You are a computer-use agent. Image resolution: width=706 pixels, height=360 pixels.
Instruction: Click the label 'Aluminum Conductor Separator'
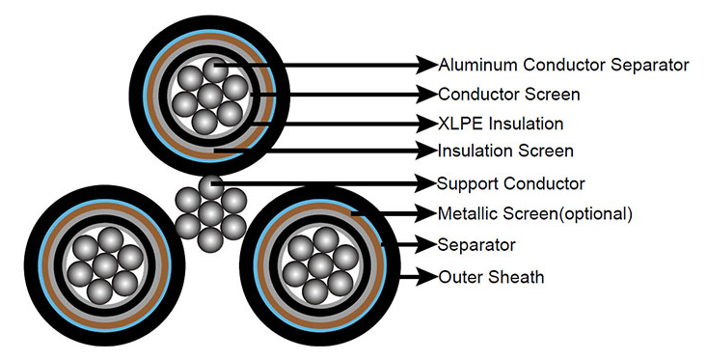[x=563, y=65]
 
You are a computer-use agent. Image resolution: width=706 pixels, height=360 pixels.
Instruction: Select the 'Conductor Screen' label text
[x=509, y=95]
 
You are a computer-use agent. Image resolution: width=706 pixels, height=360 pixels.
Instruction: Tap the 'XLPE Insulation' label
[x=501, y=124]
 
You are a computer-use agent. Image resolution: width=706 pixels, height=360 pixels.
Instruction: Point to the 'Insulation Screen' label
[x=505, y=151]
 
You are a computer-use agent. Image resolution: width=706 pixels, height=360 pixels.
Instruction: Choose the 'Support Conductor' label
[x=511, y=183]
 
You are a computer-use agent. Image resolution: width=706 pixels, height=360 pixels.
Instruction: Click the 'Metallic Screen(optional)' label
[x=535, y=213]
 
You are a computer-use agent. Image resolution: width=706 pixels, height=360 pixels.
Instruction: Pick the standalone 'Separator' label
[x=476, y=245]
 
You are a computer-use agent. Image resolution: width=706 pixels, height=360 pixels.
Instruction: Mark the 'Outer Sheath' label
[x=491, y=277]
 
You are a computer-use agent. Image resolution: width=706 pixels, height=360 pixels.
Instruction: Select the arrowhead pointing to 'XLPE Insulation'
[x=427, y=124]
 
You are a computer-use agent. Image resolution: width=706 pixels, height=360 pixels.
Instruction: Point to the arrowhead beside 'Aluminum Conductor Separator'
[x=427, y=65]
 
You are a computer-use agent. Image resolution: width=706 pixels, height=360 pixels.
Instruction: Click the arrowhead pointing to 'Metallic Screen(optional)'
[x=427, y=213]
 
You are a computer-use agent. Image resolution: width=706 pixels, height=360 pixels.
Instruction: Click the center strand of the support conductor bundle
[x=210, y=213]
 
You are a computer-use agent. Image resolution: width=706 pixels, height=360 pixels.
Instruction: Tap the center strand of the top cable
[x=210, y=96]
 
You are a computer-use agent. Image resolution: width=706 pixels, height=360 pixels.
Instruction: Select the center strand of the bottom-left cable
[x=105, y=265]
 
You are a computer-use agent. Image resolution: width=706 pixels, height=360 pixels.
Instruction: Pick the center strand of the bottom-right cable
[x=320, y=265]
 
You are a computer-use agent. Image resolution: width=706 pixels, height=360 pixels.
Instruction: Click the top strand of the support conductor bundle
[x=210, y=187]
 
